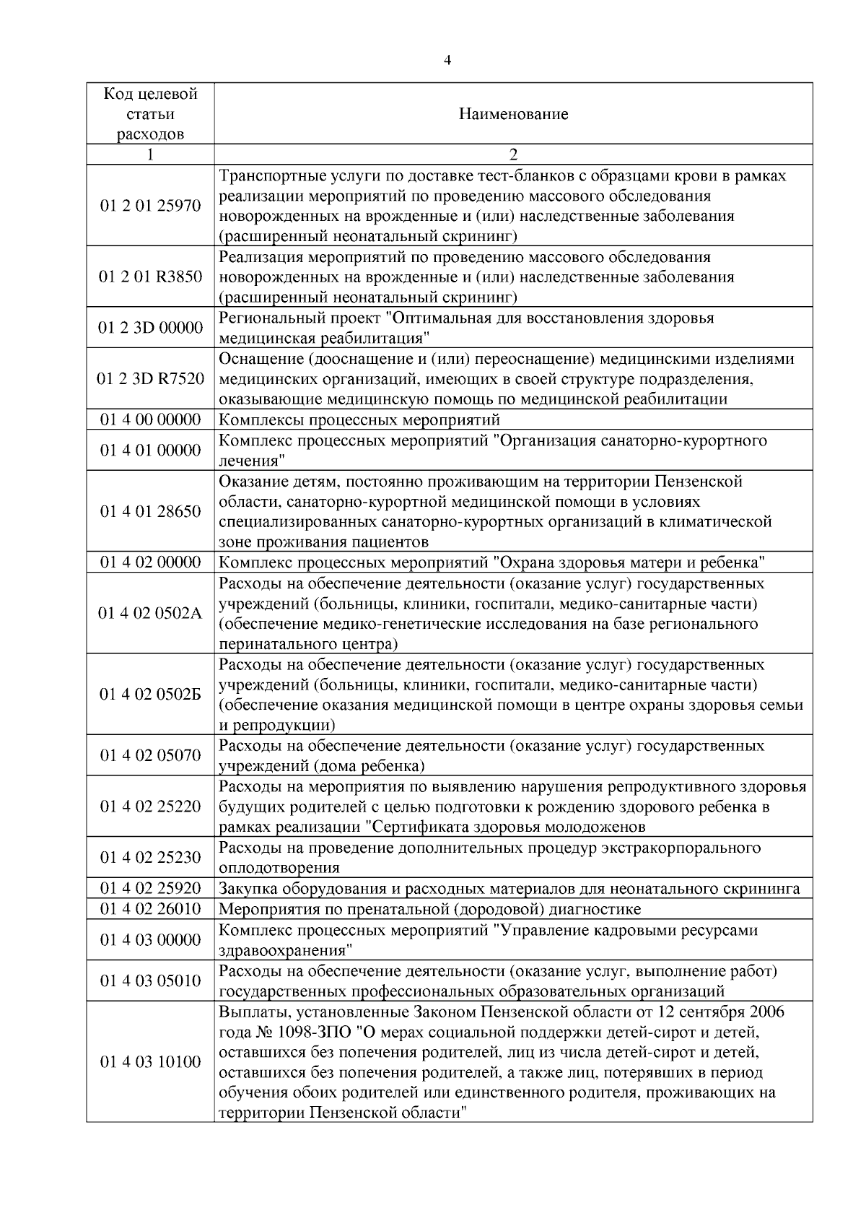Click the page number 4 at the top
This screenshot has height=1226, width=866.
(447, 61)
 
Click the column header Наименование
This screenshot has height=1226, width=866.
(513, 114)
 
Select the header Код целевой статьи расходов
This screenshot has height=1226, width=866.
(150, 114)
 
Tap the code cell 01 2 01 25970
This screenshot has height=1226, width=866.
(150, 206)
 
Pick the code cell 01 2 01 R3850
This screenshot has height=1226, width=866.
(150, 277)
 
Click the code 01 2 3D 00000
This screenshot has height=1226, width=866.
(150, 328)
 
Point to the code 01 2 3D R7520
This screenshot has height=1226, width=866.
(150, 379)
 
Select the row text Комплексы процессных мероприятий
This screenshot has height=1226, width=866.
(359, 420)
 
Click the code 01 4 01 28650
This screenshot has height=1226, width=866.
(150, 512)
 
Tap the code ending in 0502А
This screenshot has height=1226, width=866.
(150, 614)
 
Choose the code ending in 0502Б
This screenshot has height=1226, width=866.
(150, 695)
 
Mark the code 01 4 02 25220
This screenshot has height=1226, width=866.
(150, 807)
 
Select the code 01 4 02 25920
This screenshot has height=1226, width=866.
(150, 889)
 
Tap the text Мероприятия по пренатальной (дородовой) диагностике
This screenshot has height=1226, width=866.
(429, 909)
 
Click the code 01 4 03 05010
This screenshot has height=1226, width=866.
(150, 981)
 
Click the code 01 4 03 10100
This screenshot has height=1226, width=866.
(150, 1062)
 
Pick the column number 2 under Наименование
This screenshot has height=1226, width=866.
(513, 155)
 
